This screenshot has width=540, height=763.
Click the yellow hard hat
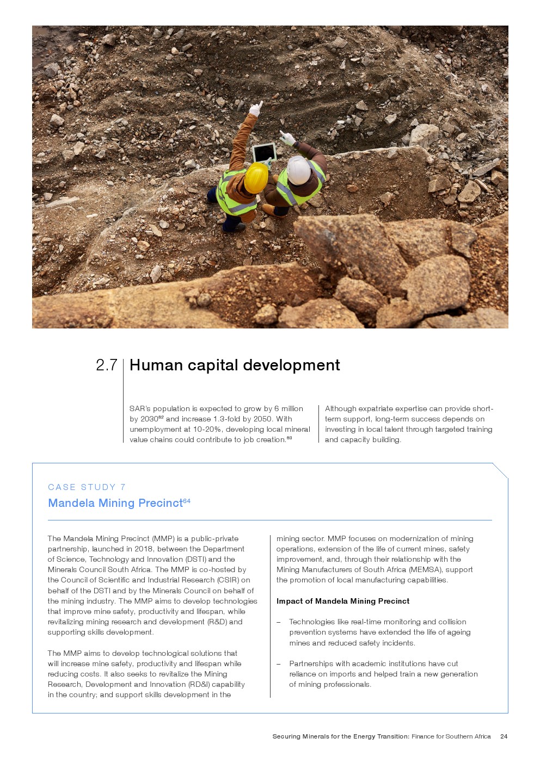tap(255, 177)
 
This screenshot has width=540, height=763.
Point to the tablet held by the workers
tap(265, 152)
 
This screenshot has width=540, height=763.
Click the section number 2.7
tap(106, 365)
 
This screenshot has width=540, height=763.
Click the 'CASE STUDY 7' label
tap(87, 487)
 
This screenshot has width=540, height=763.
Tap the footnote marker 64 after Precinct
tap(187, 500)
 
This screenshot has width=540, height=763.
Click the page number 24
tap(504, 736)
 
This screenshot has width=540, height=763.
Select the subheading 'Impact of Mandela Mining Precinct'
tap(342, 601)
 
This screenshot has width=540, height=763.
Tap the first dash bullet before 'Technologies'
tap(279, 622)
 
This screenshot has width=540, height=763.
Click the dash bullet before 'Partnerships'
tap(279, 663)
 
